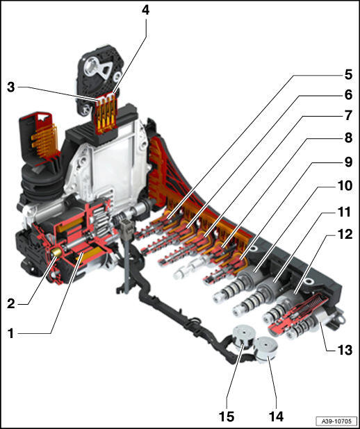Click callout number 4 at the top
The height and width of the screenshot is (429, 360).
(145, 10)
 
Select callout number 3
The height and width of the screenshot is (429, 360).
(10, 87)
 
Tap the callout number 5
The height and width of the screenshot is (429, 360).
(348, 74)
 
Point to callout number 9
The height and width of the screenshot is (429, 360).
(348, 162)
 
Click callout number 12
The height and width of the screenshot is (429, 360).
(345, 234)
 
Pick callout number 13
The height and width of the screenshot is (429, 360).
(345, 350)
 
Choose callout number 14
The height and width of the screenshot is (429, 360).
(276, 417)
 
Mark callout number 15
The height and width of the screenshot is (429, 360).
(227, 417)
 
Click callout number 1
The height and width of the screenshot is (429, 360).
(10, 333)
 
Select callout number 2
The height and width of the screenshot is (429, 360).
(10, 303)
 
